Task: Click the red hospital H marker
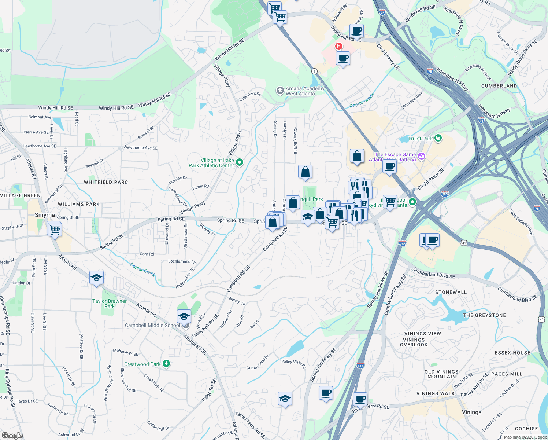339,46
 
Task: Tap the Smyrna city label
45,215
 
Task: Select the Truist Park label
420,139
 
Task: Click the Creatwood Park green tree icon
166,363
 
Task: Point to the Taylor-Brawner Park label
110,304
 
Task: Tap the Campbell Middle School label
152,325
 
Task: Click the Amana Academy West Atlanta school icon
280,91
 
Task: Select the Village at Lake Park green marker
240,162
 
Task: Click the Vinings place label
471,412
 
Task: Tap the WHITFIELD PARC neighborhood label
106,182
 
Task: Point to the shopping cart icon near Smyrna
55,230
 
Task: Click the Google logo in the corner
12,436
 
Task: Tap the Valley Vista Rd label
293,364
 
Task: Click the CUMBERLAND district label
499,86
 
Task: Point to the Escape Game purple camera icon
421,157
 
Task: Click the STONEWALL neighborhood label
451,292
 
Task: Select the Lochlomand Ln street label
182,261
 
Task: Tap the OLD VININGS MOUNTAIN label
441,374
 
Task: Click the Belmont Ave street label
40,117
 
